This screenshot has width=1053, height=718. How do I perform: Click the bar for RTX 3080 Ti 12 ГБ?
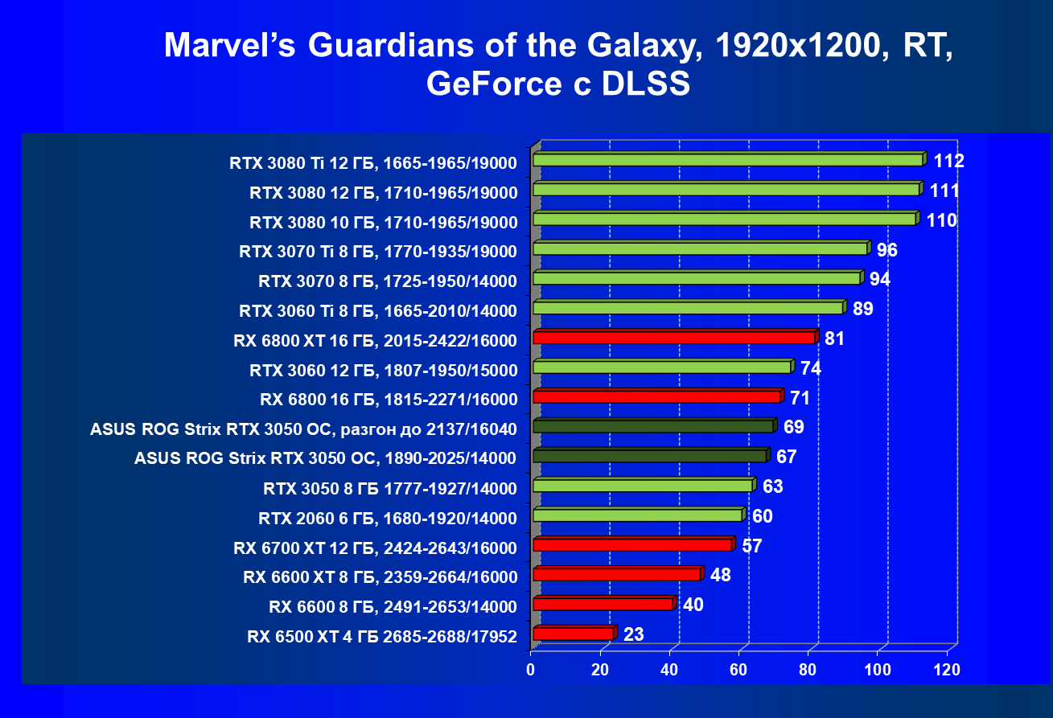click(x=727, y=160)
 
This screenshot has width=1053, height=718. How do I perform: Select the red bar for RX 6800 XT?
click(x=673, y=338)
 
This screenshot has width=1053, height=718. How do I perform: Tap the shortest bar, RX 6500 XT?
click(x=573, y=634)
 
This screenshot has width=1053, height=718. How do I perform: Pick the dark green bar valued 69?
click(x=652, y=426)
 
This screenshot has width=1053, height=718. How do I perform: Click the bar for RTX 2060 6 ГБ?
click(x=637, y=515)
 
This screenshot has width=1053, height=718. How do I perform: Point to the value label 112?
click(x=949, y=161)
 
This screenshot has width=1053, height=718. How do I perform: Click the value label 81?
click(x=834, y=338)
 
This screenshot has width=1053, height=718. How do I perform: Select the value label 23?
click(x=633, y=634)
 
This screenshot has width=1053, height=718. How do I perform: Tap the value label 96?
click(x=886, y=250)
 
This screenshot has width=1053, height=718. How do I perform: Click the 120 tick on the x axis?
click(x=947, y=670)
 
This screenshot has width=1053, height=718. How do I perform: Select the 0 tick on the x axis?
click(x=531, y=670)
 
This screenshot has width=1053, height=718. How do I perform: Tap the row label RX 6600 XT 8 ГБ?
click(x=380, y=576)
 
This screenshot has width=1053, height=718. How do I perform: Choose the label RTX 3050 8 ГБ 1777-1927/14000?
click(x=389, y=487)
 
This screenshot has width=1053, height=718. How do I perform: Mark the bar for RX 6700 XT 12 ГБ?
click(x=631, y=545)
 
